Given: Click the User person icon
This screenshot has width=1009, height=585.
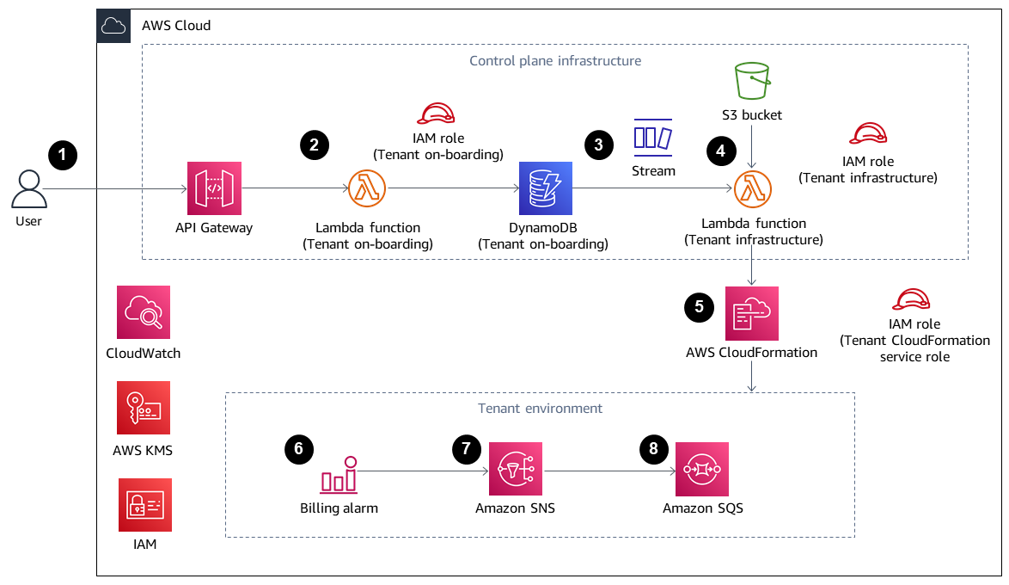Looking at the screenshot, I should [x=28, y=188].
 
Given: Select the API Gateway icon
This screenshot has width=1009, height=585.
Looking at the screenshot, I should [x=214, y=188].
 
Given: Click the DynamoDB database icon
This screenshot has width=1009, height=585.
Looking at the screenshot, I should [x=545, y=188].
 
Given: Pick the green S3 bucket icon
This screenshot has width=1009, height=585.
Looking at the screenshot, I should [x=753, y=82].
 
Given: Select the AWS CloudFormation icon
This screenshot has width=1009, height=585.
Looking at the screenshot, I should [x=752, y=313].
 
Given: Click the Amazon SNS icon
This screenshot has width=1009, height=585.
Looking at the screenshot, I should [x=516, y=470].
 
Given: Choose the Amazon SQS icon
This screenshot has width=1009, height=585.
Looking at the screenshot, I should [x=702, y=470].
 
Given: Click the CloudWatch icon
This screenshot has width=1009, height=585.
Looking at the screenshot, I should [x=144, y=312].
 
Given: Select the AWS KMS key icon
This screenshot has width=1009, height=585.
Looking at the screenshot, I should [x=144, y=408].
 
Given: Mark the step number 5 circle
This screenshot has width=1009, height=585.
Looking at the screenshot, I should [x=699, y=306].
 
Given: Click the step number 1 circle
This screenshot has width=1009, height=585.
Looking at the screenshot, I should [x=63, y=155].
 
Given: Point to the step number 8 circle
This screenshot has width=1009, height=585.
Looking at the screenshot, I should [x=654, y=448].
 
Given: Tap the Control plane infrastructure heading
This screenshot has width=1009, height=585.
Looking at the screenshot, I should [x=555, y=61].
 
